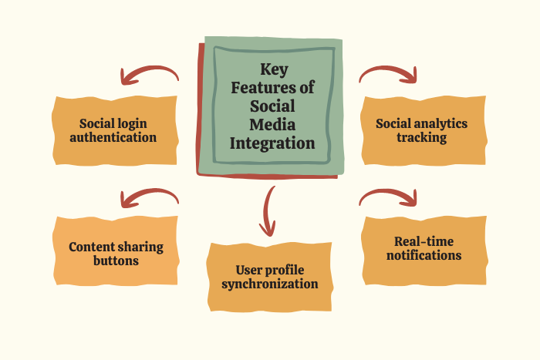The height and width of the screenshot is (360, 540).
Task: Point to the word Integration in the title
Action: click(x=273, y=143)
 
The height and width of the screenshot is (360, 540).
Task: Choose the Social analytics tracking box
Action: click(x=421, y=130)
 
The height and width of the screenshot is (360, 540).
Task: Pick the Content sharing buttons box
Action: click(x=115, y=254)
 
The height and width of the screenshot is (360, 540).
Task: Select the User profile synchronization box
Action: click(x=269, y=277)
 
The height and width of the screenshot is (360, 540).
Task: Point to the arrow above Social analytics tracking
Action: click(x=389, y=73)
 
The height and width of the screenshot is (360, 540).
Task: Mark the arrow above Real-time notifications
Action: click(x=389, y=198)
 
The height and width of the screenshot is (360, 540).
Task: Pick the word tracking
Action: click(x=421, y=138)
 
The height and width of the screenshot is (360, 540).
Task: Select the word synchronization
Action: click(x=270, y=284)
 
